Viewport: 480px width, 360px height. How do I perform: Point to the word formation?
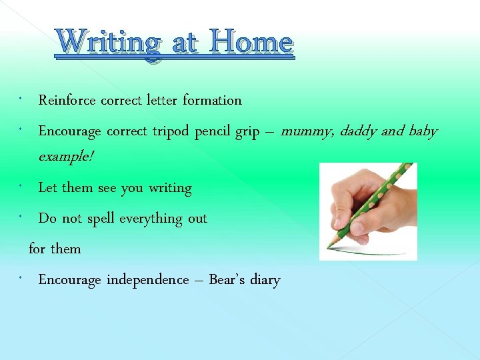pos(212,101)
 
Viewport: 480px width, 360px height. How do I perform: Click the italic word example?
pos(66,157)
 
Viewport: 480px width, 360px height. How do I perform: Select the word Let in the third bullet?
pos(48,188)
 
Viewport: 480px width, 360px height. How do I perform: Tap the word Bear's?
pos(227,280)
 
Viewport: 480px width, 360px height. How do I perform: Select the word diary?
pos(265,280)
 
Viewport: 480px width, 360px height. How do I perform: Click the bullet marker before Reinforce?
pos(22,99)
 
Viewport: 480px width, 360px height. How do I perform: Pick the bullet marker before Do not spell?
pos(22,217)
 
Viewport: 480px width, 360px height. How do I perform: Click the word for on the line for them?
pos(37,249)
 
